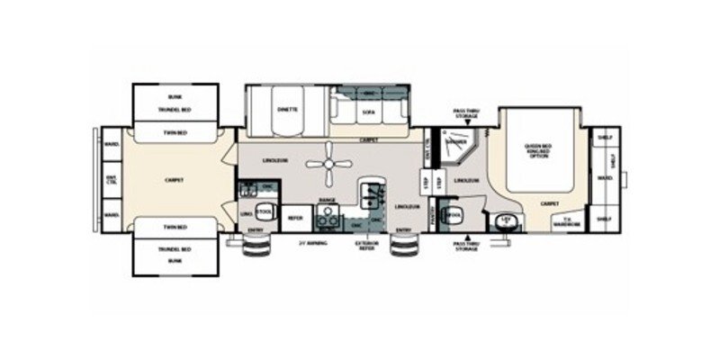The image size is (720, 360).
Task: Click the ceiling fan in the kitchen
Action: tap(328, 164)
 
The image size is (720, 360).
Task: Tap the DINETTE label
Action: tap(288, 110)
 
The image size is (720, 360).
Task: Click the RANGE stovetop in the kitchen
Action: tap(328, 215)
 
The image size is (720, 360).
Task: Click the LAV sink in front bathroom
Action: tap(506, 220)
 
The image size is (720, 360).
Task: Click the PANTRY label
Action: tap(432, 216)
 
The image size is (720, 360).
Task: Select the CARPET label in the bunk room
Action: tap(175, 180)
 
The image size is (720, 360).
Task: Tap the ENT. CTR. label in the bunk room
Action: tap(111, 179)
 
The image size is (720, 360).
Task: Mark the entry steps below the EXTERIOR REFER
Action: tap(400, 251)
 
